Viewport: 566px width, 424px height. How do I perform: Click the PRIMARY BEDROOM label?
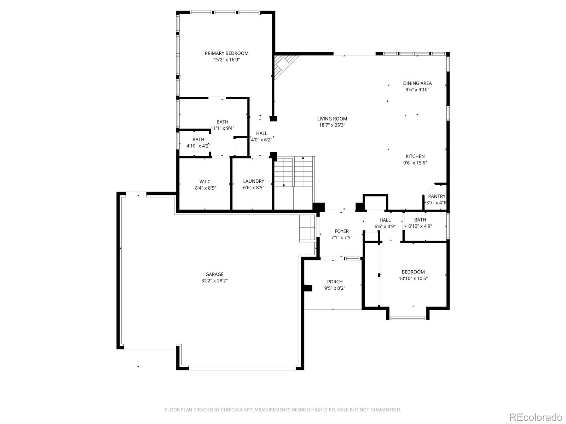point(226,53)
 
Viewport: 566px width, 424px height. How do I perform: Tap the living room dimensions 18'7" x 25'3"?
point(332,125)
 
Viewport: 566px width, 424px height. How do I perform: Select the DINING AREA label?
point(417,83)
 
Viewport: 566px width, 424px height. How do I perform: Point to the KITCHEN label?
point(415,156)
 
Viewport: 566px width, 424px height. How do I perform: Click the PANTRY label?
point(437,196)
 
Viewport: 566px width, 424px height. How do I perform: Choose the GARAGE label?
point(214,274)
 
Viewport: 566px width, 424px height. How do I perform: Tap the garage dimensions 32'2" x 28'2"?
point(214,281)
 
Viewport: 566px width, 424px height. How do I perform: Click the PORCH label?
point(335,282)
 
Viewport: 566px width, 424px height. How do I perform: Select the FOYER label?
point(342,231)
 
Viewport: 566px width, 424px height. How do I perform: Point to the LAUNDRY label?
point(254,181)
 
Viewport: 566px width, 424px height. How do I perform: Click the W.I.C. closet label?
point(206,182)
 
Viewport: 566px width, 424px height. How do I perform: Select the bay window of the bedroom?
point(408,318)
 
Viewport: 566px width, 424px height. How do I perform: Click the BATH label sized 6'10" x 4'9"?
point(420,220)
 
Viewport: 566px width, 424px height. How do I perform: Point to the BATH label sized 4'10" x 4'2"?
point(198,140)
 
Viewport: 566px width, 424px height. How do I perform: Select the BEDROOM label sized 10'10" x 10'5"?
point(413,272)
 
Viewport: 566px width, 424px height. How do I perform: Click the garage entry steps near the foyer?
point(307,228)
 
